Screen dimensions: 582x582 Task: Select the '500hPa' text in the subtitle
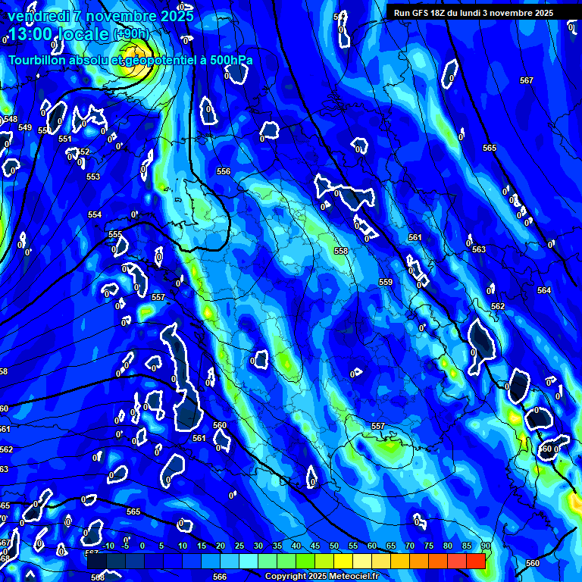[x=229, y=60]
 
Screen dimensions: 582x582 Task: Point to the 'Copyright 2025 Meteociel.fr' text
[x=322, y=576]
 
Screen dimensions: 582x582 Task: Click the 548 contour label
[x=11, y=119]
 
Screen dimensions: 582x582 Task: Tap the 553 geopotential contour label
[x=93, y=177]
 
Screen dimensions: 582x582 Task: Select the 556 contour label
[x=224, y=172]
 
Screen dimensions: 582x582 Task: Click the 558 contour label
[x=341, y=251]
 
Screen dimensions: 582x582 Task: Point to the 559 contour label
[x=386, y=282]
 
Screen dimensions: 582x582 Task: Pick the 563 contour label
[x=478, y=249]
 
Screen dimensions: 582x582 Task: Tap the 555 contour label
[x=115, y=234]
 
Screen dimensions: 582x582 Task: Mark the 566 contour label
[x=220, y=577]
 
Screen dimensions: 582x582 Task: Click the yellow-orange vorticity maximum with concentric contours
[x=135, y=68]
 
